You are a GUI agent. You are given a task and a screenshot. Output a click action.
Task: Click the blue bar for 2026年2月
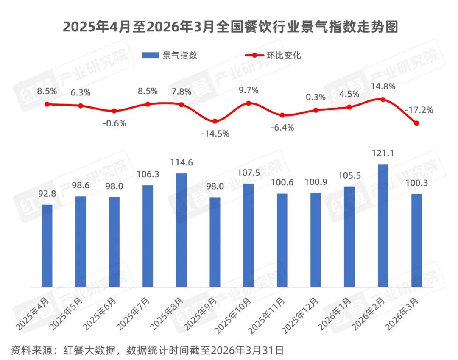[x=383, y=226]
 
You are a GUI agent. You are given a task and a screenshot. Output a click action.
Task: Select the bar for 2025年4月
[x=47, y=246]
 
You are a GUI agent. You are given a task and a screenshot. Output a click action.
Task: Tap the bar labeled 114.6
[x=182, y=230]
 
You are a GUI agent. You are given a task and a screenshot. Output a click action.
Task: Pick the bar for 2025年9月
[x=215, y=242]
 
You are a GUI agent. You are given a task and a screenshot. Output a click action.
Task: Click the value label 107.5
[x=249, y=174]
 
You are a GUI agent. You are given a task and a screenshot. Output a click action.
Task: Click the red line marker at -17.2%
[x=416, y=123]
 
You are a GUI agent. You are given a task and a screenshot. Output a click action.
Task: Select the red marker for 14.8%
[x=383, y=99]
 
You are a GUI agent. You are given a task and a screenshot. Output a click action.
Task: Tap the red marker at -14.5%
[x=215, y=121]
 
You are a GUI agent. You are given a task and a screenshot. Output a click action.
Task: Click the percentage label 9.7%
[x=249, y=90]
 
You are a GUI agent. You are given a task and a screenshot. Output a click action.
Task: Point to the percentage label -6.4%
[x=282, y=127]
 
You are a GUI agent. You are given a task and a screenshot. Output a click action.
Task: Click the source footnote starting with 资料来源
[x=147, y=350]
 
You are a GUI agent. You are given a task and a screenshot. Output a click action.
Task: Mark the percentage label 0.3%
[x=316, y=97]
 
